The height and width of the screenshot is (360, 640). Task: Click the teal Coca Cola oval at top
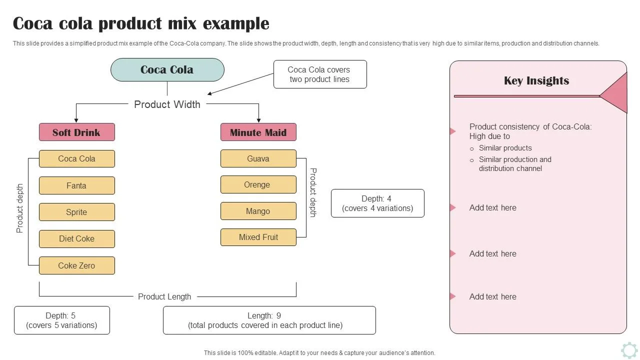[x=167, y=69]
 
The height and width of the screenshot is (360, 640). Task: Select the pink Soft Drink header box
[x=77, y=132]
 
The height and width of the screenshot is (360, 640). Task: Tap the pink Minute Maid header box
[x=258, y=132]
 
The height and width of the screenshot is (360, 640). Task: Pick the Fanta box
[x=77, y=185]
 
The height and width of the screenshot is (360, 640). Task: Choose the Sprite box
[x=77, y=212]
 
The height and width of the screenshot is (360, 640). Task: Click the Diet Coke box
[x=77, y=238]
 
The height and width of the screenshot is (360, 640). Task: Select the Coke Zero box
[x=77, y=265]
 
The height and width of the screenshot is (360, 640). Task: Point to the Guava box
[x=258, y=158]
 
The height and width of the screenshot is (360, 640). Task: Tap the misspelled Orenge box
[x=258, y=184]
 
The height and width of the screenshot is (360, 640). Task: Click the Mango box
[x=258, y=211]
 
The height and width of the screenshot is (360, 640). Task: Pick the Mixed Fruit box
[x=258, y=237]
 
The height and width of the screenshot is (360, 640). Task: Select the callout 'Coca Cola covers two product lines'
[x=320, y=74]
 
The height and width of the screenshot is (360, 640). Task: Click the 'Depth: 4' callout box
[x=377, y=203]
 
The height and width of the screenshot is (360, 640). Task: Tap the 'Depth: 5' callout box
[x=61, y=320]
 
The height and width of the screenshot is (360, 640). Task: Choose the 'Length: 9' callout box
[x=269, y=320]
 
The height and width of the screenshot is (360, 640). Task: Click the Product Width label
[x=167, y=104]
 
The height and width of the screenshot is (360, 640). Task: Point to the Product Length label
[x=164, y=296]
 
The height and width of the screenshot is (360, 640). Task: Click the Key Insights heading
[x=536, y=81]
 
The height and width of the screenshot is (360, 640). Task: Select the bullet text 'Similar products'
[x=505, y=148]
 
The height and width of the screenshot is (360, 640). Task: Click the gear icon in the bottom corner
[x=629, y=349]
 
